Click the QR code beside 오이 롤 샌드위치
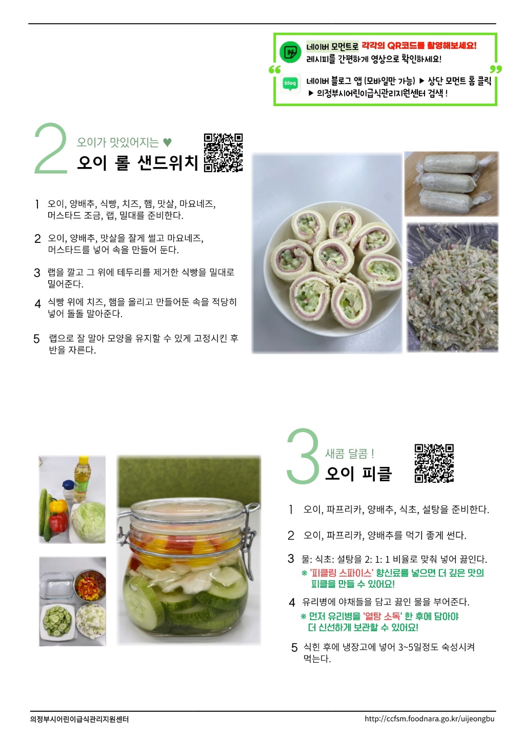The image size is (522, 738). point(223,153)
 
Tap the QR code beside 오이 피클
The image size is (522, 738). point(434,463)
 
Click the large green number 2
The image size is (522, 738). point(51,148)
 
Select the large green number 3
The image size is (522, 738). point(303,456)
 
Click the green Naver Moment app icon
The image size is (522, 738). point(290,52)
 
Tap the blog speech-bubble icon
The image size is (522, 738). point(290,84)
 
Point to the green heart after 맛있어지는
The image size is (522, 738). point(167,142)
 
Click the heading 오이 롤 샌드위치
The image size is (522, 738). point(137,163)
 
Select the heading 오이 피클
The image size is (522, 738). point(358,474)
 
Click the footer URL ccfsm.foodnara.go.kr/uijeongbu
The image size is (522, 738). point(429,719)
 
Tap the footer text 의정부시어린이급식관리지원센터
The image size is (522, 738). point(79,719)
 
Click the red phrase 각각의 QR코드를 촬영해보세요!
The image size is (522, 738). point(419,46)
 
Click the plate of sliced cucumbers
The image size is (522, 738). point(57,622)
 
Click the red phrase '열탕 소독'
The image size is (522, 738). point(382,616)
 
